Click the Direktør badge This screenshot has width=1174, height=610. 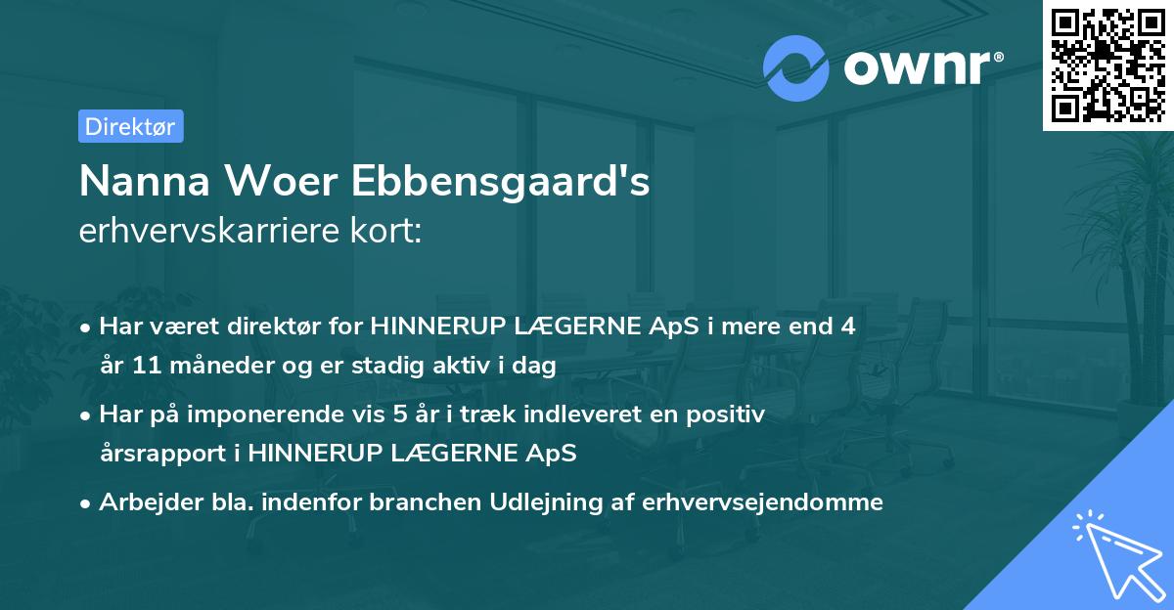click(x=130, y=126)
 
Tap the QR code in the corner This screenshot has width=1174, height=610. click(x=1108, y=65)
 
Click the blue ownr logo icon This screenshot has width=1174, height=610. click(x=795, y=67)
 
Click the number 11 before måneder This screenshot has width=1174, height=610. click(x=144, y=367)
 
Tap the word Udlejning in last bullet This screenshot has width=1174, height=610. click(x=564, y=502)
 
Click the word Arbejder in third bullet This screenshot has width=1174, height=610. click(x=141, y=502)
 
